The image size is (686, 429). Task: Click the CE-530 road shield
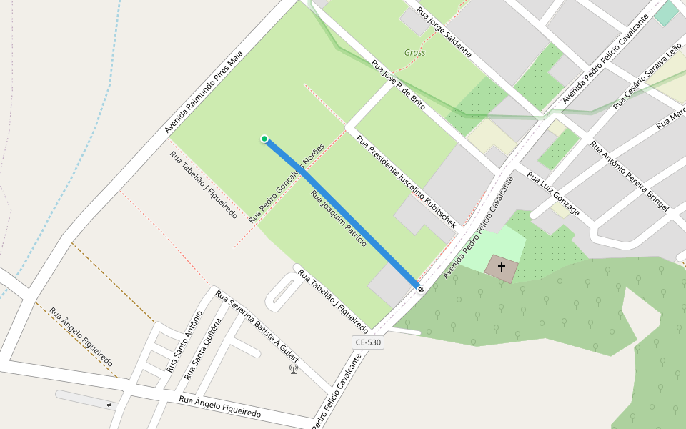(x=369, y=342)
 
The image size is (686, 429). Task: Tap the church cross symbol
(x=502, y=267)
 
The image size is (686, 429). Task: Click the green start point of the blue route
(x=264, y=139)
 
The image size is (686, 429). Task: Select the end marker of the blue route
(x=420, y=289)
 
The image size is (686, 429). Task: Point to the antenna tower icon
(x=293, y=369)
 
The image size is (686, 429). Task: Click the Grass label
(x=414, y=53)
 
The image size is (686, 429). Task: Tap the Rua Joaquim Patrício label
(x=338, y=219)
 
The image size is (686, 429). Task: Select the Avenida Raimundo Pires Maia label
(x=204, y=91)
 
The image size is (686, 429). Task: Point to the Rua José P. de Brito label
(x=398, y=84)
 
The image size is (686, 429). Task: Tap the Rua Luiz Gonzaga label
(x=552, y=194)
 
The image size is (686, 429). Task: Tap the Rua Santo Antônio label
(x=184, y=341)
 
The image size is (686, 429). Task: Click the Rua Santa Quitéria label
(x=203, y=349)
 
